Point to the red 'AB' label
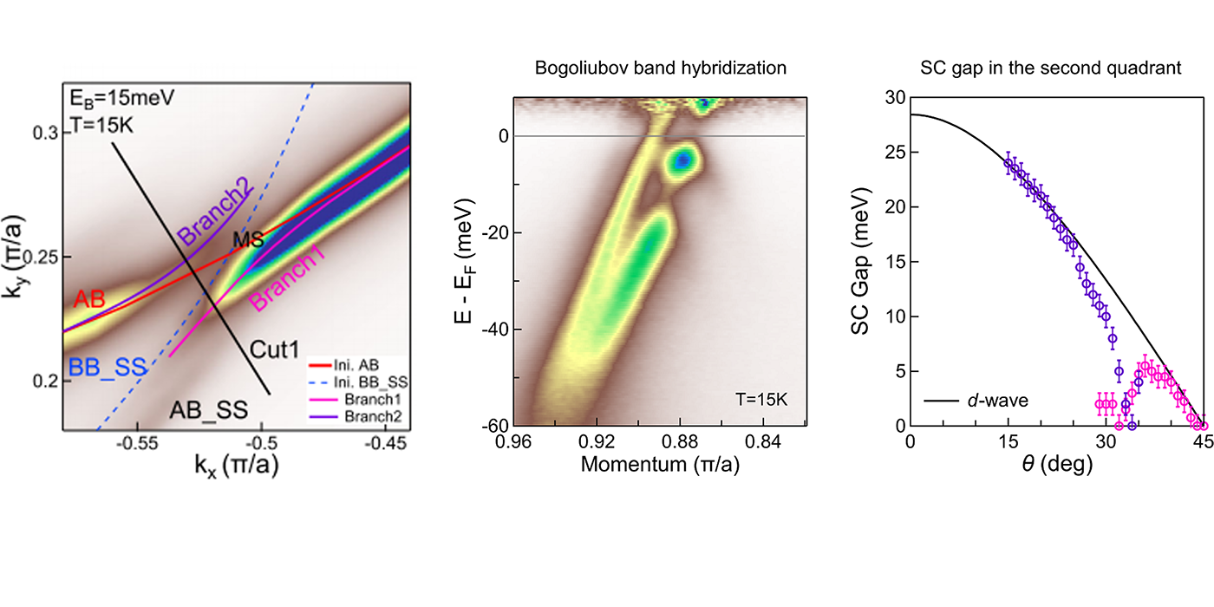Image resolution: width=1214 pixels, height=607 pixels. (90, 299)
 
